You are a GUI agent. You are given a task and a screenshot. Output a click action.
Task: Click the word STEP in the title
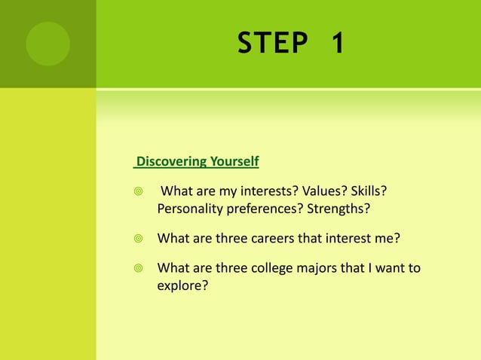pyautogui.click(x=273, y=44)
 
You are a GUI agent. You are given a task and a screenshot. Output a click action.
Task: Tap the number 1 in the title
pyautogui.click(x=336, y=44)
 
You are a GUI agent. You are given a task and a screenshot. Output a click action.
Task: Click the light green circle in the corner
pyautogui.click(x=47, y=43)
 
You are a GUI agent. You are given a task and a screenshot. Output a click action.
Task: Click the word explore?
pyautogui.click(x=182, y=285)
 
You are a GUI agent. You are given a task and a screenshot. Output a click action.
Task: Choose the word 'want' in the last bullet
pyautogui.click(x=388, y=268)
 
